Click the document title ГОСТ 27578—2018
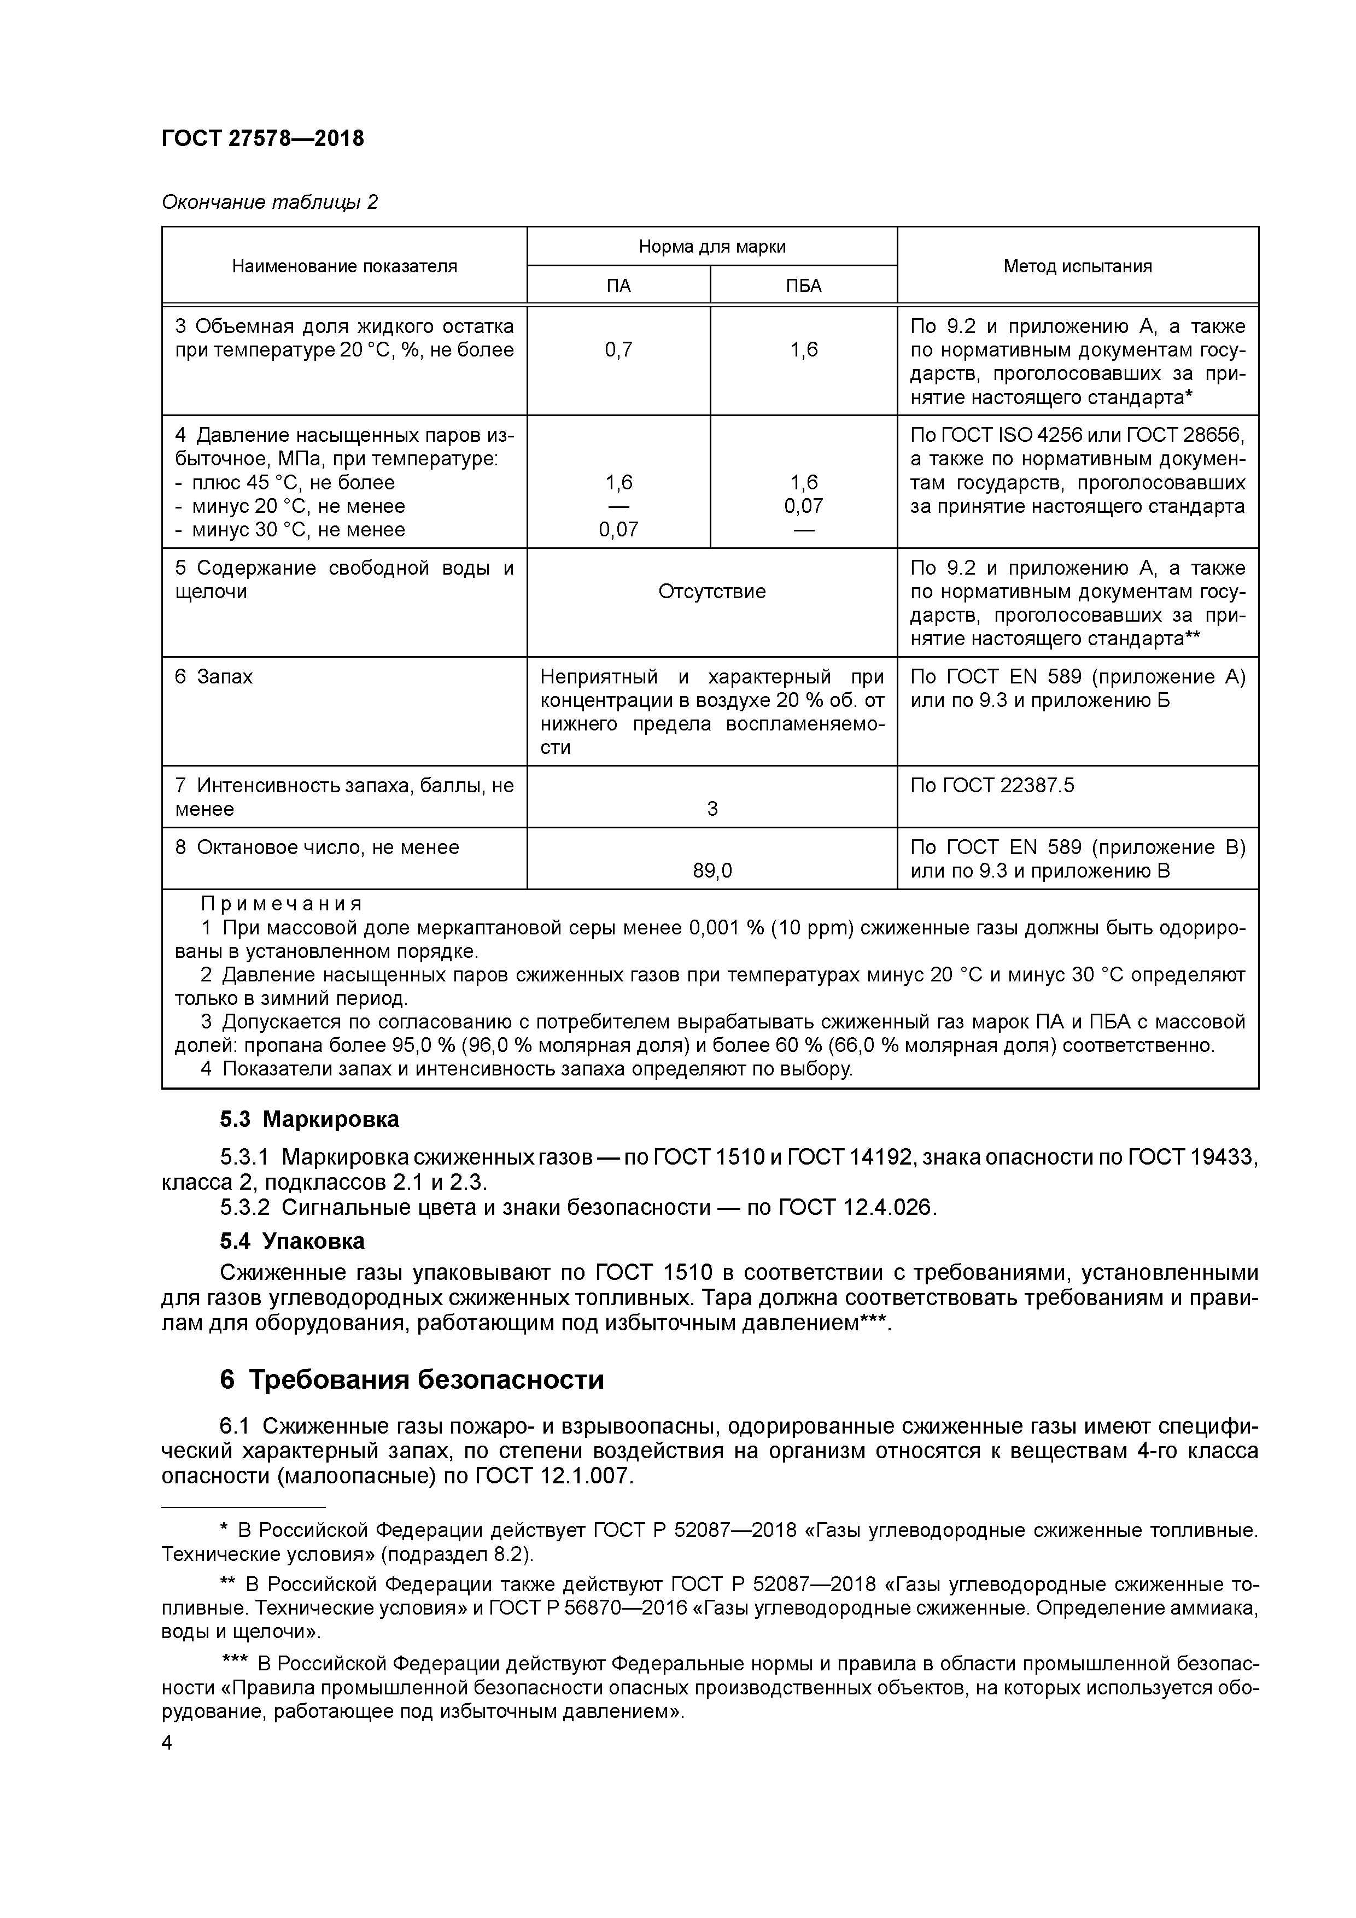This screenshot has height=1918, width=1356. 262,139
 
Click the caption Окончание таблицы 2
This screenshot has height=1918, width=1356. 269,202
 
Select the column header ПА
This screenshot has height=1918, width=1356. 618,286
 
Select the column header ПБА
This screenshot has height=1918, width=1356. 804,286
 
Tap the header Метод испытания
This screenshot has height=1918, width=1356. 1077,266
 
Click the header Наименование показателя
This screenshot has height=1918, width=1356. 344,266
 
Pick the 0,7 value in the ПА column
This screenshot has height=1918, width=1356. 618,350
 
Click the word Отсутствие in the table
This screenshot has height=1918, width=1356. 712,592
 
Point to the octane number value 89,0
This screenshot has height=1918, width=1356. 712,872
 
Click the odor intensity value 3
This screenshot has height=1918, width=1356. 712,809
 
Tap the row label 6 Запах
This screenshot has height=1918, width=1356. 214,677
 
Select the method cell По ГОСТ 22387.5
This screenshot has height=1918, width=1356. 992,785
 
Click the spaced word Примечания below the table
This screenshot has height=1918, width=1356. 282,904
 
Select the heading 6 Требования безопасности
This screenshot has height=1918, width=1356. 411,1379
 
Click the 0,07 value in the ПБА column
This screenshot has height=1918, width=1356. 804,506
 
